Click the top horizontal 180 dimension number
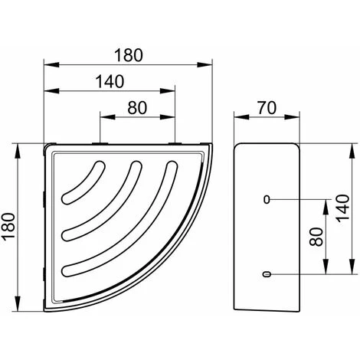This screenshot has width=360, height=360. click(129, 55)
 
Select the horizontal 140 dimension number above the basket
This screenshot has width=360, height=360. click(110, 81)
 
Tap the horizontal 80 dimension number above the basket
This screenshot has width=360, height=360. click(137, 108)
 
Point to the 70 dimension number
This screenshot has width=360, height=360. click(267, 107)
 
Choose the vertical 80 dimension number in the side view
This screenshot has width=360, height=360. click(316, 237)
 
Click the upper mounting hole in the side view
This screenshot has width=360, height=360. click(267, 199)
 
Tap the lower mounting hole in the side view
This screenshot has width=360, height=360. click(267, 274)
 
